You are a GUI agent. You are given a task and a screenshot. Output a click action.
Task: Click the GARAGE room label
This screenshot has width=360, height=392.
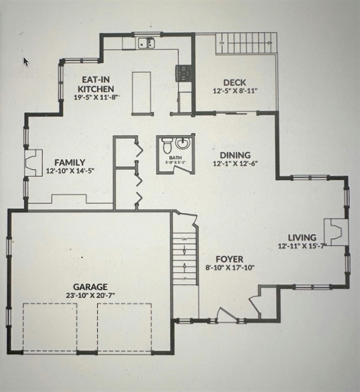tap(89, 287)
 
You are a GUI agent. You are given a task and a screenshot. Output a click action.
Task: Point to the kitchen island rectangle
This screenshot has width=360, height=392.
tap(141, 92)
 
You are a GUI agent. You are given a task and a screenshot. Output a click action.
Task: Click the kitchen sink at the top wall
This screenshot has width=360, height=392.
tap(147, 43)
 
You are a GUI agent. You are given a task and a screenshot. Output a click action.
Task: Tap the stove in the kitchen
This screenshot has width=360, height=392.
tap(184, 72)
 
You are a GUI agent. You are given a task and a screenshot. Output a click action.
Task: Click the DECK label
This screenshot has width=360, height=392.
tap(234, 82)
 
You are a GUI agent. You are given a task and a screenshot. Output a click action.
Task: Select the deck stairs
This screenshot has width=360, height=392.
tap(247, 43)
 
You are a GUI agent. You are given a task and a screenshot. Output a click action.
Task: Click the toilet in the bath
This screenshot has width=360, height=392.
tap(166, 146)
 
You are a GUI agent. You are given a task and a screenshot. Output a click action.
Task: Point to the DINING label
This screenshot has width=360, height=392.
tap(235, 155)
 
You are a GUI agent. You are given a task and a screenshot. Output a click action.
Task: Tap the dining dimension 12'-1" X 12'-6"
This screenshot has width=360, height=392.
tap(235, 163)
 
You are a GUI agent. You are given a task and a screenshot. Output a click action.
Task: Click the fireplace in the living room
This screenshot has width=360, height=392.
tap(335, 231)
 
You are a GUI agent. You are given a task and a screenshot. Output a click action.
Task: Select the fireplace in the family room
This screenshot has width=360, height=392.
tap(34, 162)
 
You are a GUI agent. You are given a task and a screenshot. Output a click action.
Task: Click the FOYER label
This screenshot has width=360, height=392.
tap(229, 259)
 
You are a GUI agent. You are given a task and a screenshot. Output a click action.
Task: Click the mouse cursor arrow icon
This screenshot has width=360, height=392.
tap(26, 62)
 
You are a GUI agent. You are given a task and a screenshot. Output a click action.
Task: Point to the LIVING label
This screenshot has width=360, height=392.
tap(302, 237)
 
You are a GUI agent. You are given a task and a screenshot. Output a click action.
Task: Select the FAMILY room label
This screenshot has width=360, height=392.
tap(70, 162)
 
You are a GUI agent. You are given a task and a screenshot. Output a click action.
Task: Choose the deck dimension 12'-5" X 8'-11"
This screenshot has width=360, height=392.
tap(235, 91)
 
